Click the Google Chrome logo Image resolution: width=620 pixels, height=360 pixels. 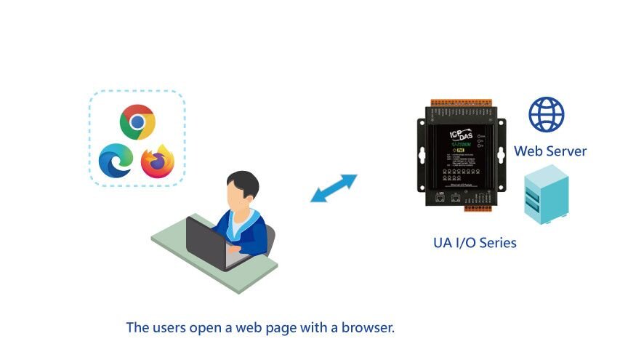pyautogui.click(x=137, y=121)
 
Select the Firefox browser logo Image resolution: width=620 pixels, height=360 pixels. pyautogui.click(x=158, y=161)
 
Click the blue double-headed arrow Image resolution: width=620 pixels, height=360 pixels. pyautogui.click(x=334, y=188)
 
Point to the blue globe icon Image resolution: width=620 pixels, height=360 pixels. pyautogui.click(x=547, y=115)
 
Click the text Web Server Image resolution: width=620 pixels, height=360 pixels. pyautogui.click(x=550, y=151)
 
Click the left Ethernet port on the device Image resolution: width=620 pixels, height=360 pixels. pyautogui.click(x=440, y=196)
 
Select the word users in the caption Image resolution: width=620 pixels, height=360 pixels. pyautogui.click(x=169, y=327)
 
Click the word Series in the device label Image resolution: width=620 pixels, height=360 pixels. pyautogui.click(x=496, y=243)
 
